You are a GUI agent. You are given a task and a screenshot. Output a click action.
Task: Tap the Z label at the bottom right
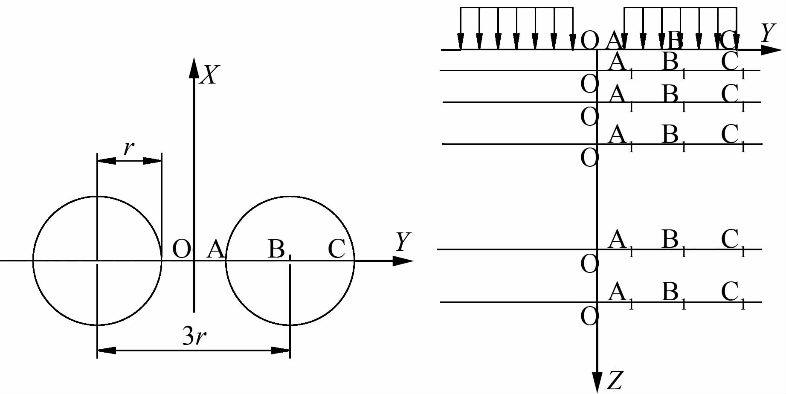coord(615,381)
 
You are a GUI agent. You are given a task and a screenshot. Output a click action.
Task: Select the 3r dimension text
coord(194,336)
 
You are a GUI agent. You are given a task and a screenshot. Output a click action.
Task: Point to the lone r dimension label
coord(128,148)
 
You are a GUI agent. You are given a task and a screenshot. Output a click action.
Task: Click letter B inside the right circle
coord(276,249)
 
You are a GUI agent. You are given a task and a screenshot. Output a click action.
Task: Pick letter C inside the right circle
coord(336,249)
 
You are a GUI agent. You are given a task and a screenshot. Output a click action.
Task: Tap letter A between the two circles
coord(215,249)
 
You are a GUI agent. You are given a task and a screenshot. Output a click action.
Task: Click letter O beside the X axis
coord(181,249)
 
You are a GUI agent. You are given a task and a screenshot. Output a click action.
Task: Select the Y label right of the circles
coord(403,241)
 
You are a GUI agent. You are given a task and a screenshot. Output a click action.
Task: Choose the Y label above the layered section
coord(768,32)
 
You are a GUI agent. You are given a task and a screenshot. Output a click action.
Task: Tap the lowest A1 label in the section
coord(620,294)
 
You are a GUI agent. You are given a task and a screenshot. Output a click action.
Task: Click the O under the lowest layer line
coord(589,316)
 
